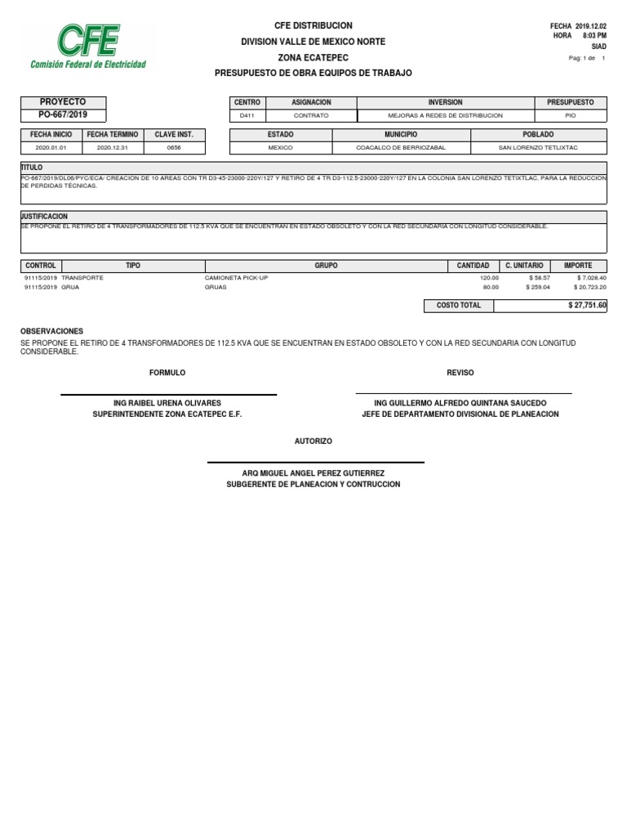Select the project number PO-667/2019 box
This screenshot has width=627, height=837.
63,115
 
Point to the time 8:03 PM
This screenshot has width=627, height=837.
594,37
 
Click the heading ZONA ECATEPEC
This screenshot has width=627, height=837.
313,57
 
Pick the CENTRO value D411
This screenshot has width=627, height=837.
247,116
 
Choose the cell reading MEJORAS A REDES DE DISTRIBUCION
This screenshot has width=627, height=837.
445,116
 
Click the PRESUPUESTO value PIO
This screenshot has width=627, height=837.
570,116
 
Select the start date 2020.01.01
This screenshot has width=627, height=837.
51,148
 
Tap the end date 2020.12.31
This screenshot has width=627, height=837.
113,148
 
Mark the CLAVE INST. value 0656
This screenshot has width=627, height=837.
174,148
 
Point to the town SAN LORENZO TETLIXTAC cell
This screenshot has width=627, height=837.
538,148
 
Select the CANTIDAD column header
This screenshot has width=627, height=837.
473,266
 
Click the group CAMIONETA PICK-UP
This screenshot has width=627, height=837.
236,278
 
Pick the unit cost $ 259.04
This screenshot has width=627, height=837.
539,287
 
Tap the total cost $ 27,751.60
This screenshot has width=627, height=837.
587,305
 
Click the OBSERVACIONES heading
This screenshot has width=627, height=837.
51,331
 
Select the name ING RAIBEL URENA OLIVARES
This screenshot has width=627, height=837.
167,404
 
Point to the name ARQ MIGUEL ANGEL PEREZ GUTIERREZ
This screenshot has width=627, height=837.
313,473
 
